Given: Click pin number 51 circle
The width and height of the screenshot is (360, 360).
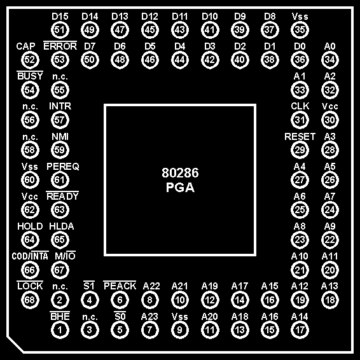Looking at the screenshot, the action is pyautogui.click(x=60, y=30).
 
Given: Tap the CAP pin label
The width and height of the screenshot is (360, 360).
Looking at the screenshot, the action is pyautogui.click(x=25, y=46).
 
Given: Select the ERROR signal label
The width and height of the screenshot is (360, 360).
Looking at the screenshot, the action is pyautogui.click(x=60, y=46).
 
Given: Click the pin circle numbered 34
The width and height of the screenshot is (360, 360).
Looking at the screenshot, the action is pyautogui.click(x=330, y=60).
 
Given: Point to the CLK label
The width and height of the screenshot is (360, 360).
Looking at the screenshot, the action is pyautogui.click(x=300, y=106).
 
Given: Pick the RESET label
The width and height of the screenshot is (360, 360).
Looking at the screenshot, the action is pyautogui.click(x=300, y=137).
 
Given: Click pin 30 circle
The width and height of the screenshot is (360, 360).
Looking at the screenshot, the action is pyautogui.click(x=330, y=120).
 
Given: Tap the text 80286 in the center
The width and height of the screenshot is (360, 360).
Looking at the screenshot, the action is pyautogui.click(x=180, y=173).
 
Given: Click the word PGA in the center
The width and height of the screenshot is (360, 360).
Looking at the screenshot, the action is pyautogui.click(x=180, y=188).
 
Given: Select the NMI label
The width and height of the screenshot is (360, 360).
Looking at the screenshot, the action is pyautogui.click(x=60, y=137).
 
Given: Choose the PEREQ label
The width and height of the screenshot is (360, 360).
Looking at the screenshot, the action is pyautogui.click(x=63, y=167).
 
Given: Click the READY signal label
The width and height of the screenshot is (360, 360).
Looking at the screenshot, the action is pyautogui.click(x=62, y=196).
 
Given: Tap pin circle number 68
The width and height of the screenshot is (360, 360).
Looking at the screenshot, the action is pyautogui.click(x=30, y=300).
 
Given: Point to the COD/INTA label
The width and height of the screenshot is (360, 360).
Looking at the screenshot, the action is pyautogui.click(x=30, y=256).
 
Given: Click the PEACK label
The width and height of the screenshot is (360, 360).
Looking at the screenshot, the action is pyautogui.click(x=120, y=286).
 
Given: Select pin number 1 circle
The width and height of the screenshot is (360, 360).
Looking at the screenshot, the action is pyautogui.click(x=60, y=330).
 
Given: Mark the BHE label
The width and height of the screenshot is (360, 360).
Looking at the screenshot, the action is pyautogui.click(x=60, y=316).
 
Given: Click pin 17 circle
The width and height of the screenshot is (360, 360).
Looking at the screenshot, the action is pyautogui.click(x=300, y=330).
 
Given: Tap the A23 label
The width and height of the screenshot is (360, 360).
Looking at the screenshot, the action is pyautogui.click(x=149, y=317).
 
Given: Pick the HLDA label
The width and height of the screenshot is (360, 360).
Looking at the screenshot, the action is pyautogui.click(x=62, y=226).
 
